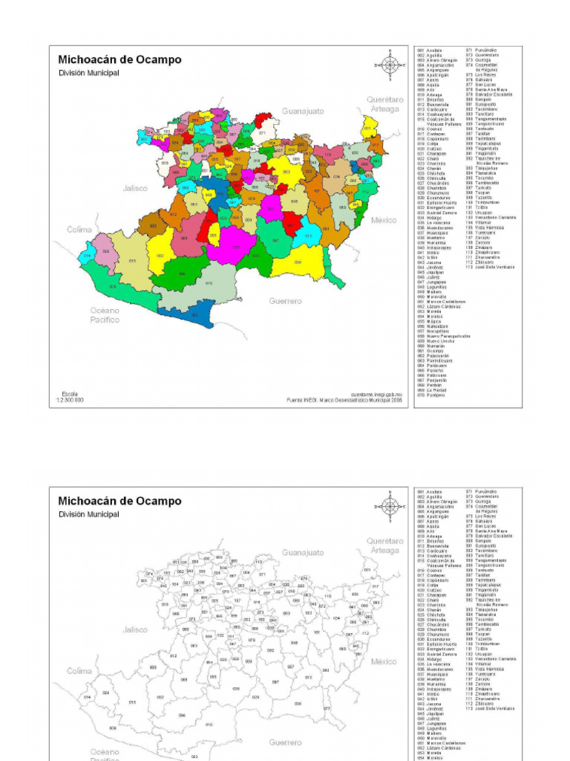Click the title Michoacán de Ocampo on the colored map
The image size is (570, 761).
click(119, 59)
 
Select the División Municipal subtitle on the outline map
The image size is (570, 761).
click(88, 514)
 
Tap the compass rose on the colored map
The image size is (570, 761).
click(390, 65)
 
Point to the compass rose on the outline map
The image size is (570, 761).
click(390, 507)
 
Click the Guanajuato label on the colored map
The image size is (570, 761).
click(303, 111)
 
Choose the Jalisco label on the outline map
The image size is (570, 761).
click(136, 629)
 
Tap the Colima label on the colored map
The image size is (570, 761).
click(79, 230)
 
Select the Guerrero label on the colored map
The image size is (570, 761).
click(286, 301)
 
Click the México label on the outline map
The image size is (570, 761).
click(384, 661)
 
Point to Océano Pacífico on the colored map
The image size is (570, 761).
click(105, 314)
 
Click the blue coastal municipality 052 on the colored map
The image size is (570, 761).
click(194, 315)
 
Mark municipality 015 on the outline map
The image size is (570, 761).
click(132, 702)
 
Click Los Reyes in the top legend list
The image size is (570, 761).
click(485, 75)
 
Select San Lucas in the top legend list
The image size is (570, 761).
click(485, 85)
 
